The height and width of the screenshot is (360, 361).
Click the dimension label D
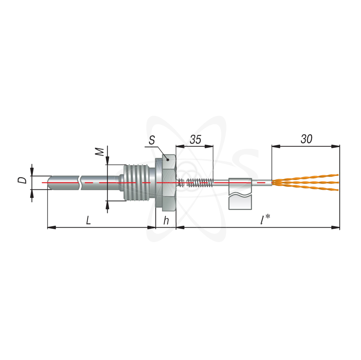22,180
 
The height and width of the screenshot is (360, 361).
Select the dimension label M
100,152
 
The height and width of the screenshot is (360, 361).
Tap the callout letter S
152,140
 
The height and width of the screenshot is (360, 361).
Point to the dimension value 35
195,139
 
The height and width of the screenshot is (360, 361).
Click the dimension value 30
306,139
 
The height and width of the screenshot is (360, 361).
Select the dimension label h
166,220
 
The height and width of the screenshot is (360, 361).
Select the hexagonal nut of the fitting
166,183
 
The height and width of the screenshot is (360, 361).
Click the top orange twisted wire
305,177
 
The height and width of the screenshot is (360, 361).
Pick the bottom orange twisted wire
305,188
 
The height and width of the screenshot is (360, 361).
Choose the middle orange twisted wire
305,183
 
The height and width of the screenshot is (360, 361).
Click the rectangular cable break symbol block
240,194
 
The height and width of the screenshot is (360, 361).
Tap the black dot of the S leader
168,160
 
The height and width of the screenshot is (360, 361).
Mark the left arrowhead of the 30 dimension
276,146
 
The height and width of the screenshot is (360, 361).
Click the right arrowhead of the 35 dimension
209,146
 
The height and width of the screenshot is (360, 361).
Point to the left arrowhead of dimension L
52,227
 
